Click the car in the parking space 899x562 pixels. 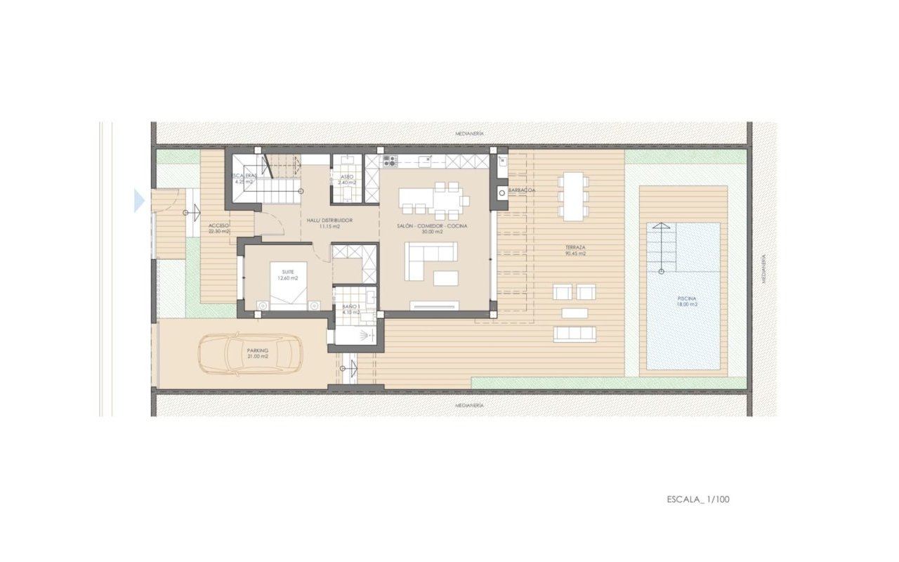pos(249,353)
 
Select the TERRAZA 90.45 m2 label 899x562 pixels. pos(575,251)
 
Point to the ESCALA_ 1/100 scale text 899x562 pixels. pos(698,499)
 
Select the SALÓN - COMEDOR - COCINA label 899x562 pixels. pos(431,226)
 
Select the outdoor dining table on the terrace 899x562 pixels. pos(574,196)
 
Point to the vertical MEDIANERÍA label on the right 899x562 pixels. pos(763,269)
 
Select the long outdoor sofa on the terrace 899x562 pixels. pos(575,334)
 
